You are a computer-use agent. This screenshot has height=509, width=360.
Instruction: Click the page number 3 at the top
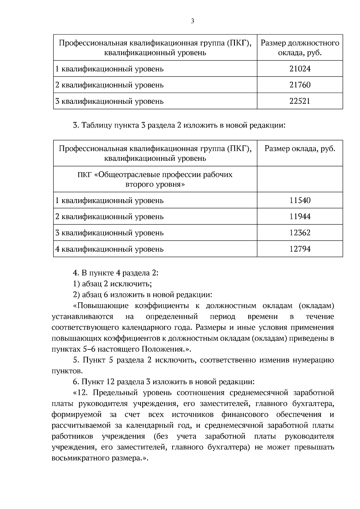click(x=192, y=21)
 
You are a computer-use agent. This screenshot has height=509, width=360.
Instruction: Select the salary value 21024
click(x=300, y=69)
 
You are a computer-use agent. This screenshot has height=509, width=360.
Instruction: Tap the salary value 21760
click(x=300, y=85)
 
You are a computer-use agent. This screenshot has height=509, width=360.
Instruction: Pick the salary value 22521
click(x=300, y=101)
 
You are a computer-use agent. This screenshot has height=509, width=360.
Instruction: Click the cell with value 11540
click(x=300, y=200)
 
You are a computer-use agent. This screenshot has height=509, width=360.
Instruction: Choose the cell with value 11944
click(x=300, y=217)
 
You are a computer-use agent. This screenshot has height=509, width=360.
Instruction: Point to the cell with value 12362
click(x=300, y=233)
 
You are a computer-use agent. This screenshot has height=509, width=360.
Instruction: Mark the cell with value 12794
click(x=300, y=249)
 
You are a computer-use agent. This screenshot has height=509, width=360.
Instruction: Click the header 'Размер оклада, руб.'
click(x=300, y=149)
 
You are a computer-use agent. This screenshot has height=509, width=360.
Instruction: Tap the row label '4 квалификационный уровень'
click(x=109, y=249)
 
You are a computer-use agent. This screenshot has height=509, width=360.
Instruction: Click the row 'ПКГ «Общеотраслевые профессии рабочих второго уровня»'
click(x=155, y=179)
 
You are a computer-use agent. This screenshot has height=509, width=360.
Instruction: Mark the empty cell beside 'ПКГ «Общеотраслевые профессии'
click(x=300, y=179)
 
